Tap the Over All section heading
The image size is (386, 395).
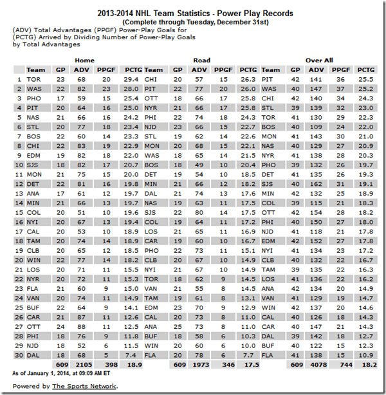point(319,60)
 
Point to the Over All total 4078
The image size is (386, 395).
point(316,365)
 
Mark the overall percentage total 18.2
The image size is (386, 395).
point(365,365)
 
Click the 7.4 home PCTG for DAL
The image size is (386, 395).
point(133,355)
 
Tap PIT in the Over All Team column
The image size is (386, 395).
point(269,79)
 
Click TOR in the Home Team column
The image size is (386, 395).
point(34,79)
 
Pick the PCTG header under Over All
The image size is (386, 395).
point(365,69)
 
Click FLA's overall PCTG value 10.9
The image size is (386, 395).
point(365,355)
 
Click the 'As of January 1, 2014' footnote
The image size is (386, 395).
point(62,373)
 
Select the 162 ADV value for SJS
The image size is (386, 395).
point(316,184)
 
